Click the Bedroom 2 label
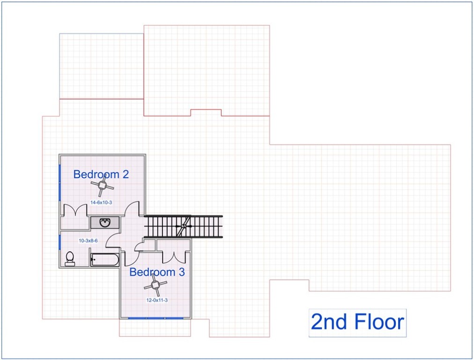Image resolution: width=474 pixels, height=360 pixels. (101, 174)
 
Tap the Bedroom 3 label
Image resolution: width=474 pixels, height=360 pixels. (157, 272)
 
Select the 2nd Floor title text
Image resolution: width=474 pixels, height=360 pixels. (357, 322)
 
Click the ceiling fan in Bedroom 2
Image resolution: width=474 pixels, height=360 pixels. (102, 186)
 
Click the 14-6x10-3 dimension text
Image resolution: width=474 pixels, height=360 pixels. (101, 202)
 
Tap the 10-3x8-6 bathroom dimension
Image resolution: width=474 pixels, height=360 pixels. (88, 240)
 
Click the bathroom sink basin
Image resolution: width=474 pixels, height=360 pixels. (104, 222)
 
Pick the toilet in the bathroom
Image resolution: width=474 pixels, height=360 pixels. (70, 258)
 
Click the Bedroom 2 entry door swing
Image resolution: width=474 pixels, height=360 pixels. (132, 209)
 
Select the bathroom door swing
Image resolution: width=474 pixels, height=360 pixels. (114, 239)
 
